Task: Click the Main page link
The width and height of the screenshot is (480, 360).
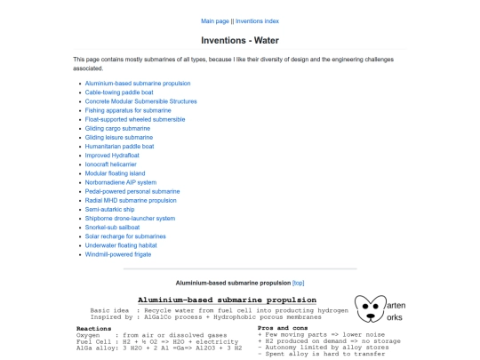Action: [215, 20]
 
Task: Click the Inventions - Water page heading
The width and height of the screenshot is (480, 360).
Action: [239, 40]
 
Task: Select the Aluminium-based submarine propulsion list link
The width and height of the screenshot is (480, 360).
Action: [137, 84]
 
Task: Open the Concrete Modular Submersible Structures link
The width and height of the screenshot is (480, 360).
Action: [140, 101]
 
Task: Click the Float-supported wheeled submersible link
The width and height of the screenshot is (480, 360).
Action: [135, 119]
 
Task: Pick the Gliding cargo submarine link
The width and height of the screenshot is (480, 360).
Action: [117, 128]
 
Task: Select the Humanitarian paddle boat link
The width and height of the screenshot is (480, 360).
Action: [119, 147]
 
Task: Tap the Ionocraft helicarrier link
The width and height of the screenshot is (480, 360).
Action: [111, 164]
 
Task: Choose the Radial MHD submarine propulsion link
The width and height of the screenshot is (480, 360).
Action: [131, 200]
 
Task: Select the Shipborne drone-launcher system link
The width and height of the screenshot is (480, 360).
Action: [130, 219]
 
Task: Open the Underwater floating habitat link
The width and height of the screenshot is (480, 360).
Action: [123, 245]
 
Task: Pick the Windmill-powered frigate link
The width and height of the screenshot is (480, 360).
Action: [118, 254]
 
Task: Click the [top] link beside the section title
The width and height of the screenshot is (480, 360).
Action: [299, 283]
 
